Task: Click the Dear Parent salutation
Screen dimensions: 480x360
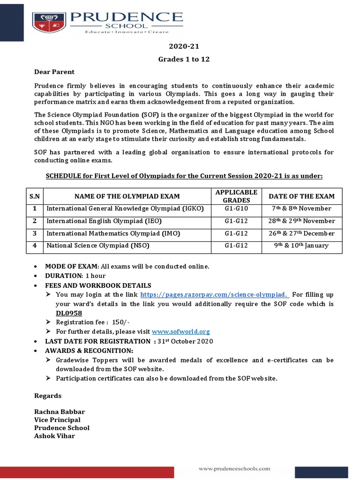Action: click(54, 72)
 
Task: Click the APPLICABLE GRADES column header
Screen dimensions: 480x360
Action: click(236, 196)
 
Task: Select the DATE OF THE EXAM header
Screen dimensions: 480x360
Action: click(301, 196)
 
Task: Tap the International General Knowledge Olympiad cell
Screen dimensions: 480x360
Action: click(125, 209)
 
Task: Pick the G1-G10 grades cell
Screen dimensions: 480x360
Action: click(236, 209)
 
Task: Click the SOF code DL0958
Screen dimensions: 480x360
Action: click(69, 313)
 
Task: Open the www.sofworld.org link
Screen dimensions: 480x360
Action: click(181, 331)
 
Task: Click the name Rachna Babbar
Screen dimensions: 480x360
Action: click(60, 412)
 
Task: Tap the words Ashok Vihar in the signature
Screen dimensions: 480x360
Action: click(54, 436)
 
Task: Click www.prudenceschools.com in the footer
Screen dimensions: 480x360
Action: click(234, 468)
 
